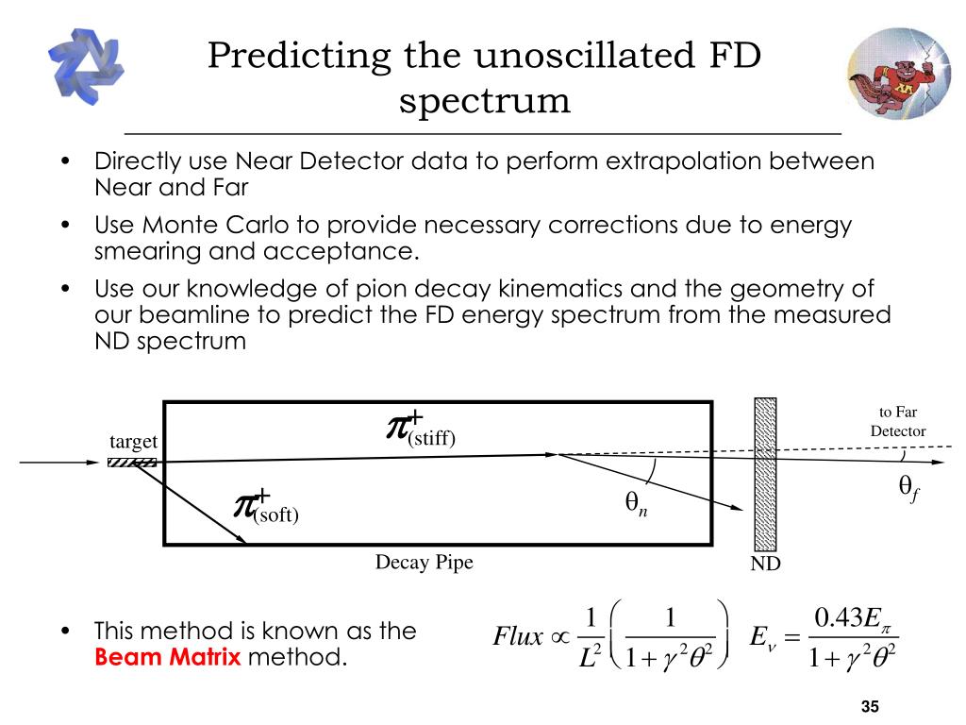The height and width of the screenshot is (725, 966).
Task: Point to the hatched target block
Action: pyautogui.click(x=132, y=463)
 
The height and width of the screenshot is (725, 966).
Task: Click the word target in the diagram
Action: pyautogui.click(x=133, y=443)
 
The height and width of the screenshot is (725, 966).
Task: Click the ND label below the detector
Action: pyautogui.click(x=765, y=565)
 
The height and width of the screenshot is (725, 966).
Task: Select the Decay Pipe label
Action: pyautogui.click(x=424, y=564)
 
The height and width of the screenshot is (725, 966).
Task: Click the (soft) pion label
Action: pyautogui.click(x=275, y=514)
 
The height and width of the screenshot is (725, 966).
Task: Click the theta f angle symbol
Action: pyautogui.click(x=908, y=487)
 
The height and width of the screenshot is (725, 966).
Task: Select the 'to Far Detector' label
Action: pyautogui.click(x=897, y=421)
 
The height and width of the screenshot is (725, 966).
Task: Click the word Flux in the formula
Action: pyautogui.click(x=518, y=637)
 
